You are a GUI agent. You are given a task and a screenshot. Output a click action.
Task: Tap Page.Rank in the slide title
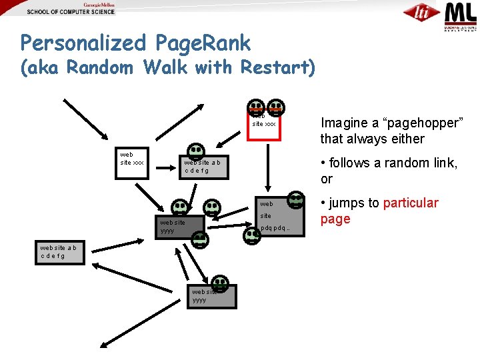(x=202, y=44)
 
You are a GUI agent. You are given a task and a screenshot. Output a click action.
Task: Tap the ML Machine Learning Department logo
(x=461, y=16)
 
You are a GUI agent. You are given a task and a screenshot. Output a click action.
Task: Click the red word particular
(x=411, y=203)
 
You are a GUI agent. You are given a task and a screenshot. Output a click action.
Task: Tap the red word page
(x=335, y=219)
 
